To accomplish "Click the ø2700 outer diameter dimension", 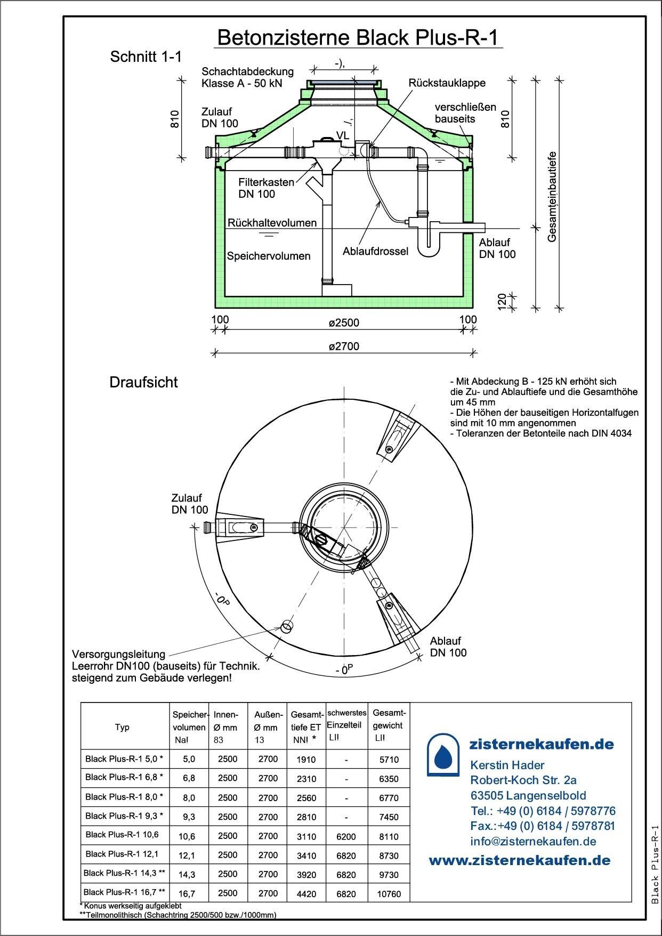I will pos(344,346).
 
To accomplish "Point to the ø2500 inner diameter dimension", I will pos(344,322).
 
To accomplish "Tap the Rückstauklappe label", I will pos(447,83).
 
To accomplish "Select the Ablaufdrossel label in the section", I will pos(375,251).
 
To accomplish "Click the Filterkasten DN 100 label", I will pos(266,188).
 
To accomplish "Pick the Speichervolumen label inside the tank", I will pos(268,256).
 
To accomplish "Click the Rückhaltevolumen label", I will pos(272,223).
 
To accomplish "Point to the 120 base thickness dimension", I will pos(502,301).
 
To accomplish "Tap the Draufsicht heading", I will pos(143,382).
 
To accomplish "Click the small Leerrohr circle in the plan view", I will pos(287,625).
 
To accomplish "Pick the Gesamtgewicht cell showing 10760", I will pos(389,894).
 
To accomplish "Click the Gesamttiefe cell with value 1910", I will pos(306,760).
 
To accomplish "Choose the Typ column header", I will pos(122,727).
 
